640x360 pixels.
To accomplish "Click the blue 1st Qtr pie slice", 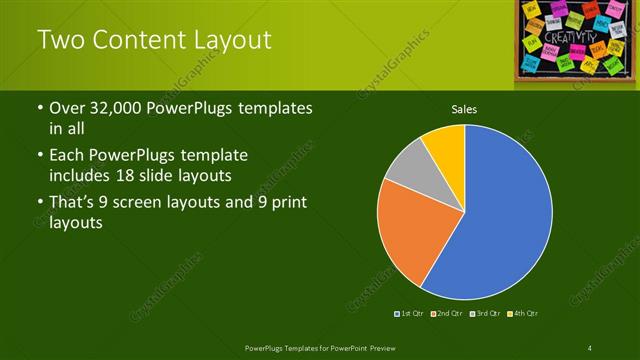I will (x=500, y=220).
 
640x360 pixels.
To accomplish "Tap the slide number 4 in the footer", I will (x=590, y=347).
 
